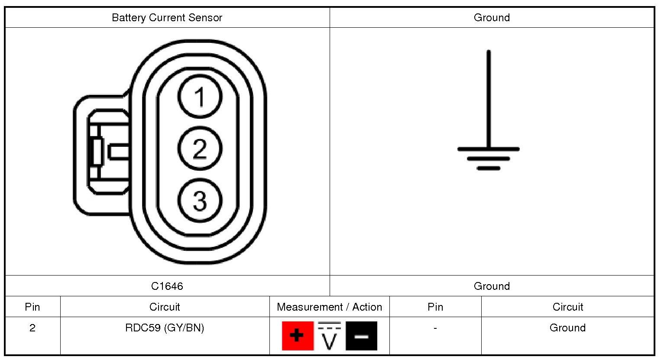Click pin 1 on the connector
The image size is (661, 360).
pos(200,96)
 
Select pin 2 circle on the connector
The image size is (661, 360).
pos(200,149)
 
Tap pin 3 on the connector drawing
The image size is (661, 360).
pos(200,201)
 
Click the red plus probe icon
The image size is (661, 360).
pos(297,336)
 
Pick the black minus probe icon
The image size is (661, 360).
pos(361,336)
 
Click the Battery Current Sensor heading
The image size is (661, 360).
pos(167,18)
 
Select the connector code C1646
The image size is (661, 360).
pos(167,286)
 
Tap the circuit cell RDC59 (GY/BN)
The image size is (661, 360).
pos(165,328)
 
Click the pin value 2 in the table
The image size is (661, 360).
pos(32,328)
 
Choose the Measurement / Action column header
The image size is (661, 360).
pos(329,307)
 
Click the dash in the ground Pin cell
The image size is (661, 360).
pos(435,328)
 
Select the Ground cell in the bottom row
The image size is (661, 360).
pos(567,328)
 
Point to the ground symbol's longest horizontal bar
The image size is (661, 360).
pos(488,149)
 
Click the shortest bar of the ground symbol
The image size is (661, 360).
pos(488,168)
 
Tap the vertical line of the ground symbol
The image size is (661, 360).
pos(489,100)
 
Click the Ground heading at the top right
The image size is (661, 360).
pos(492,18)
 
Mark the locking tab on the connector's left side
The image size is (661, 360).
pos(102,152)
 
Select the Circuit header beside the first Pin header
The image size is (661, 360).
pos(165,307)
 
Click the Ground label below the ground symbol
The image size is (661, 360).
pos(492,286)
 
